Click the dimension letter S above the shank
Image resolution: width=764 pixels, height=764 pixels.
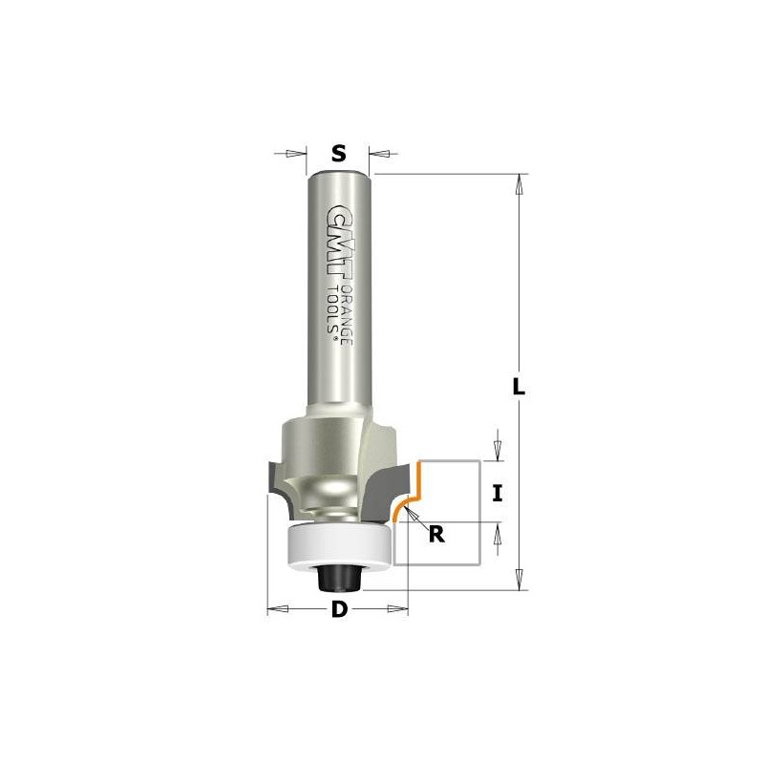pos(339,154)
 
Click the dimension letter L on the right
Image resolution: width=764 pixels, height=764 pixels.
pos(520,387)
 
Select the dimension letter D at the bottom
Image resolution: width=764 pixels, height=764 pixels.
pos(340,609)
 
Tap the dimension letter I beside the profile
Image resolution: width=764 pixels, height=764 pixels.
pos(497,494)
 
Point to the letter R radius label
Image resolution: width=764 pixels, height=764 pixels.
pos(436,535)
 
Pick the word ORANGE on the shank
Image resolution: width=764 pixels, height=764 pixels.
pos(346,314)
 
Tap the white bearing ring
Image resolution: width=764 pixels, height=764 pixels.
pos(339,545)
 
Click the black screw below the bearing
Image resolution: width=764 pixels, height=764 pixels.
pos(339,578)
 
